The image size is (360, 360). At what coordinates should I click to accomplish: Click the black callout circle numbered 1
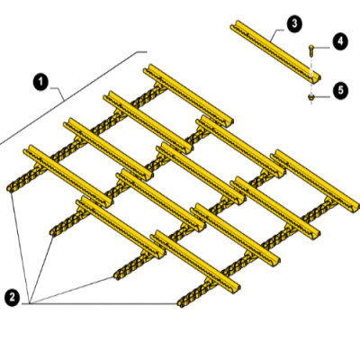(40, 82)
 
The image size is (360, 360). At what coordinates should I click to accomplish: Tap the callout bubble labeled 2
(13, 298)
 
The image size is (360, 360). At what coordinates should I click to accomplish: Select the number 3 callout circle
(294, 23)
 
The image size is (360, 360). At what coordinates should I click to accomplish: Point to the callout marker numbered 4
(340, 41)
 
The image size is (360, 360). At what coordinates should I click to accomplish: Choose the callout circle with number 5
(340, 90)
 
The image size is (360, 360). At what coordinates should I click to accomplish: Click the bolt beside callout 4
(311, 50)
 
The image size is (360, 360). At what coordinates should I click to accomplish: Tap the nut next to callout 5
(311, 97)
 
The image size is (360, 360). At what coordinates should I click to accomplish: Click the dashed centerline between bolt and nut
(311, 79)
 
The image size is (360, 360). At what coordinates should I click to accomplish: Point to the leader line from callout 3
(277, 34)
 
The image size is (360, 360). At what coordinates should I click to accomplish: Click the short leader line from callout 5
(322, 96)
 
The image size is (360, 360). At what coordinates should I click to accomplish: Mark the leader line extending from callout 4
(322, 48)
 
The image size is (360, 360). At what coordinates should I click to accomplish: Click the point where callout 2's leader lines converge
(29, 303)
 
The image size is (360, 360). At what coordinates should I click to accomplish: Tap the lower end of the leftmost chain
(11, 189)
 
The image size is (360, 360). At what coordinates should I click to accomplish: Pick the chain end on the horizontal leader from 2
(182, 303)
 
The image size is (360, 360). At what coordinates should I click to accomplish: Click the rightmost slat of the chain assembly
(315, 181)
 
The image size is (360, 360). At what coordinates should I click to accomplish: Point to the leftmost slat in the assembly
(68, 175)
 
